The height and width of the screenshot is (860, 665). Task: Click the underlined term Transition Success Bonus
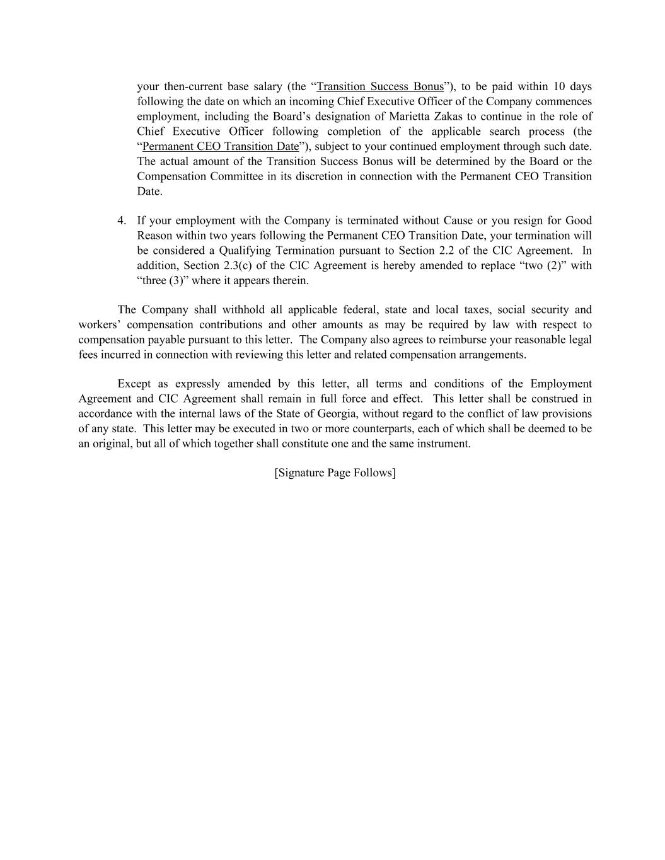(x=380, y=86)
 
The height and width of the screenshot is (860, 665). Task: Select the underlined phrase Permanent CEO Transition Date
(x=221, y=146)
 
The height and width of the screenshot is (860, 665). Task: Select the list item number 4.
(x=121, y=221)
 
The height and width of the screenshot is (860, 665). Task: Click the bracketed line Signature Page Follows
(x=335, y=473)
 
